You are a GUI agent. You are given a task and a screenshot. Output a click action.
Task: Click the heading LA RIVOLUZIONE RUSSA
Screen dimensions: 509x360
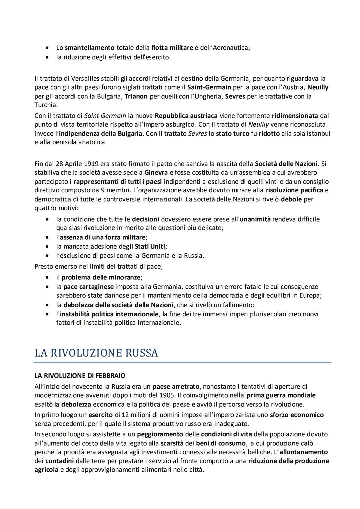pyautogui.click(x=96, y=353)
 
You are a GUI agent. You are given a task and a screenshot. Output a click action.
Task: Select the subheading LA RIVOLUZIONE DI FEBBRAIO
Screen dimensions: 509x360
pyautogui.click(x=80, y=376)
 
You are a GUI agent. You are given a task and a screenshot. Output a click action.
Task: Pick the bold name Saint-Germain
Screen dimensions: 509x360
pyautogui.click(x=209, y=87)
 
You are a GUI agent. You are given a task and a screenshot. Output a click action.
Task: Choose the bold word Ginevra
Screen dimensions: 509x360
pyautogui.click(x=156, y=173)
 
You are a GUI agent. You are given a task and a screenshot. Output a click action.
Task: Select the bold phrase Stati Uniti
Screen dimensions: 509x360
pyautogui.click(x=150, y=247)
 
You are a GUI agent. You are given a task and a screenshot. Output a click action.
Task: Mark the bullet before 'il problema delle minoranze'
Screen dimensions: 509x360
pyautogui.click(x=49, y=278)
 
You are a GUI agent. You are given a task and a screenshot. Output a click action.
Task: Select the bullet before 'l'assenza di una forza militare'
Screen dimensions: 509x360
pyautogui.click(x=49, y=238)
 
